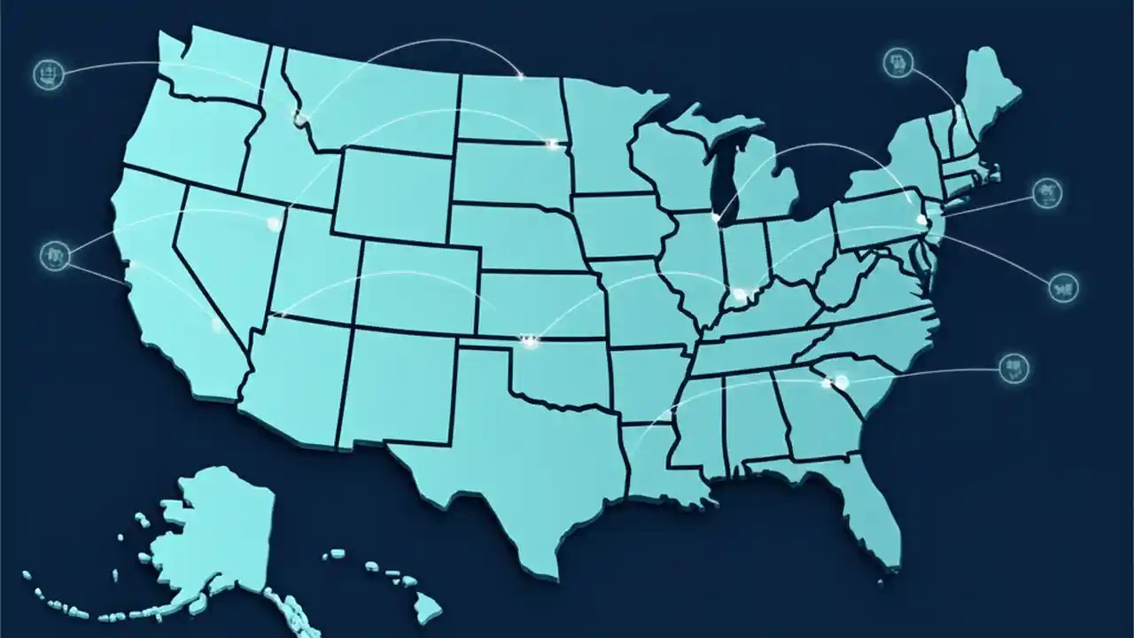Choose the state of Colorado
416,284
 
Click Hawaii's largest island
428,606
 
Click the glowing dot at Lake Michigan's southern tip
716,216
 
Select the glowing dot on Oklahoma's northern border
530,338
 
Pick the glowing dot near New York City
921,219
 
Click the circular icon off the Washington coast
48,74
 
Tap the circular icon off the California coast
55,256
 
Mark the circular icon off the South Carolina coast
1014,368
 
